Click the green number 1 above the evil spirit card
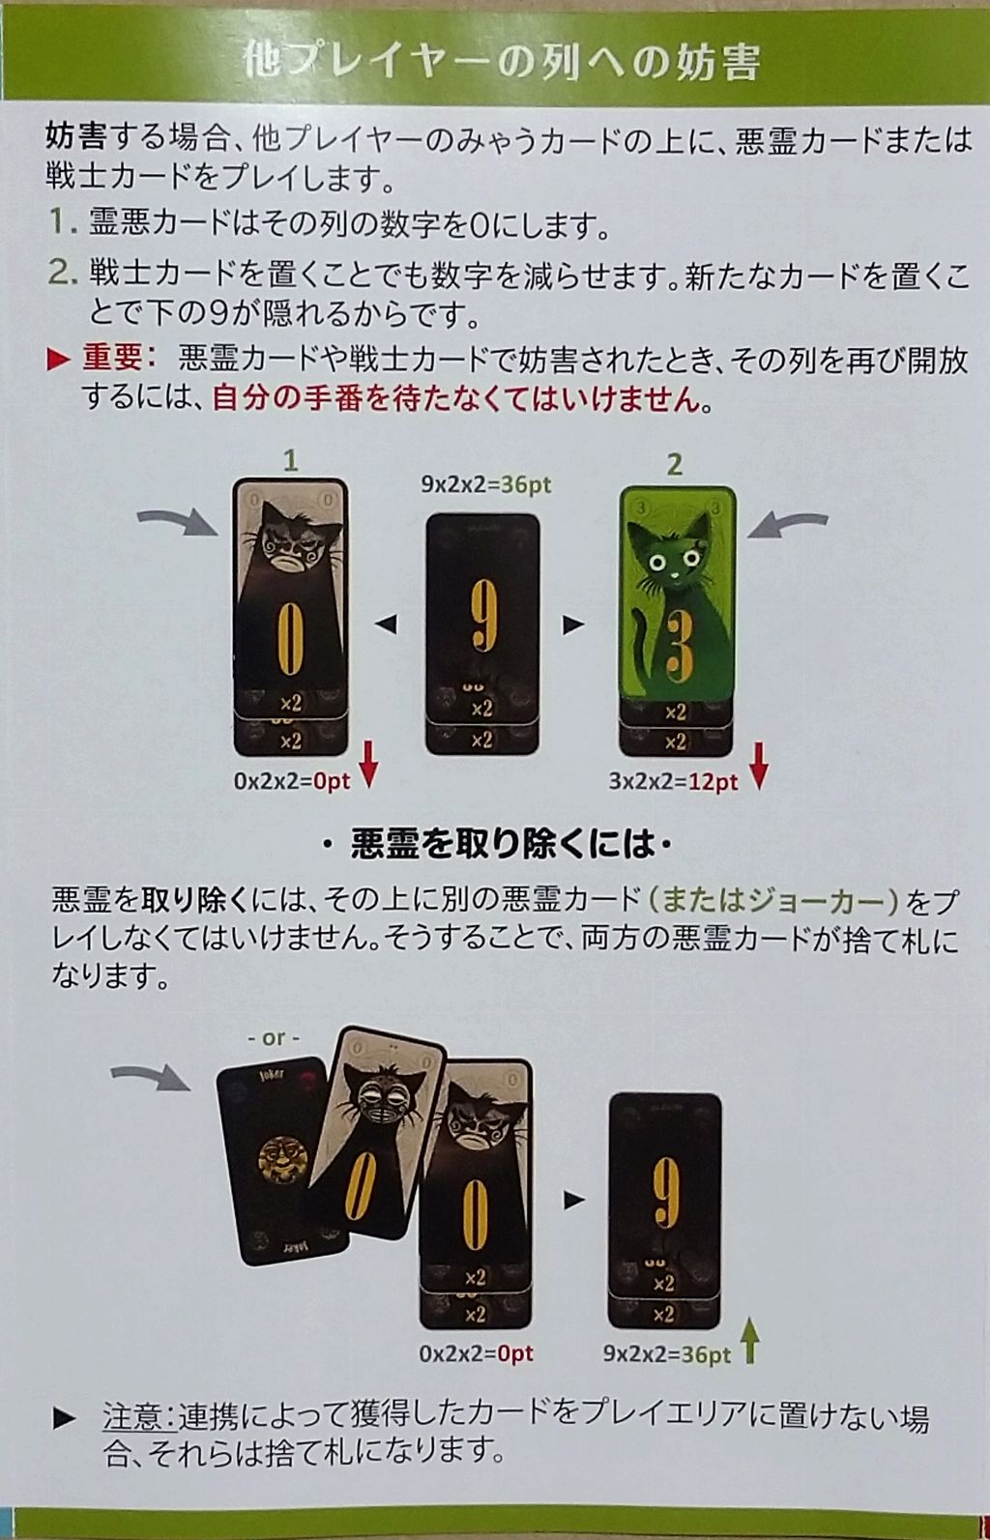pyautogui.click(x=291, y=460)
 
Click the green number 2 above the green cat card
pyautogui.click(x=675, y=465)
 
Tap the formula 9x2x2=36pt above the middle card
pyautogui.click(x=486, y=484)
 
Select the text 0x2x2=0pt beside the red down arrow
pyautogui.click(x=292, y=782)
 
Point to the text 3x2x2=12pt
pyautogui.click(x=673, y=782)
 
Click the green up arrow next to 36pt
pyautogui.click(x=750, y=1344)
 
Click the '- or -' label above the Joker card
pyautogui.click(x=274, y=1038)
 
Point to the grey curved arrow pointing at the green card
pyautogui.click(x=787, y=526)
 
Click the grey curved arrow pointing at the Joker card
pyautogui.click(x=151, y=1077)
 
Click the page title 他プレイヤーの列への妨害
pyautogui.click(x=503, y=62)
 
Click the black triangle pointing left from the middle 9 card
pyautogui.click(x=387, y=625)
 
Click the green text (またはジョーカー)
pyautogui.click(x=772, y=900)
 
